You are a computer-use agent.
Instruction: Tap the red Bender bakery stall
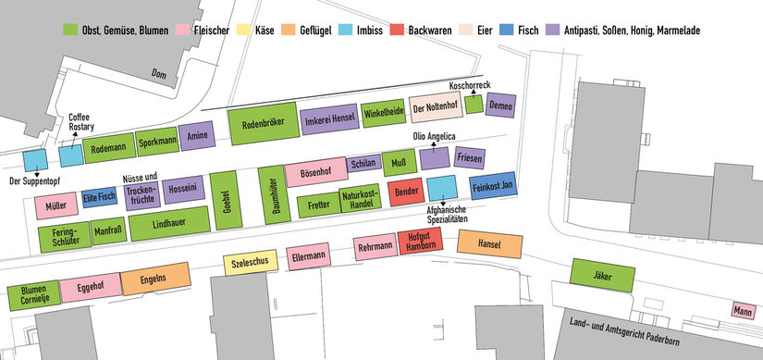click(404, 192)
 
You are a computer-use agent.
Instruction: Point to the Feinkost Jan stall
click(492, 186)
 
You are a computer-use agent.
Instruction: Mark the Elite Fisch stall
click(99, 197)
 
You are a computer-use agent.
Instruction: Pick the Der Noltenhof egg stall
click(435, 108)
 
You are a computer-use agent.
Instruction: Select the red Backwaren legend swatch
click(400, 31)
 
